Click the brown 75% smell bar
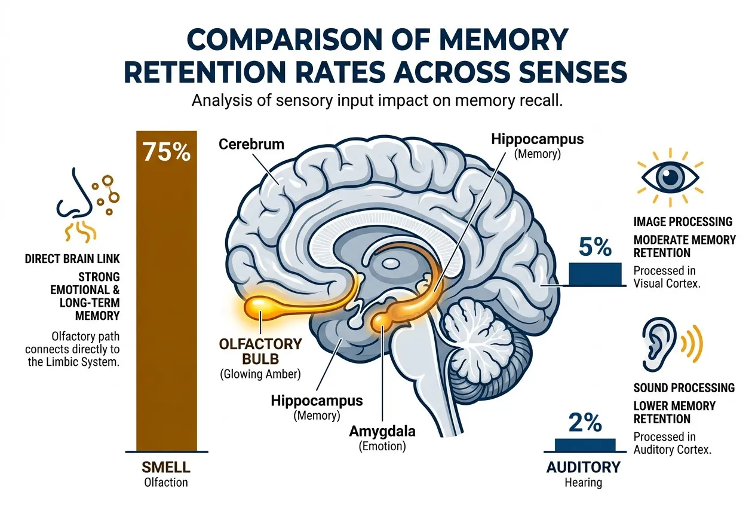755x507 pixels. [x=167, y=291]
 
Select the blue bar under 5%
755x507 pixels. [x=596, y=274]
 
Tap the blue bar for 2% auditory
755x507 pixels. [x=585, y=445]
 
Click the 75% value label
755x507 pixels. [x=167, y=152]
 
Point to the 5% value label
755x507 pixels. [x=596, y=246]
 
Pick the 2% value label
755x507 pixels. [x=585, y=422]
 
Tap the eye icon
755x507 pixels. [x=670, y=178]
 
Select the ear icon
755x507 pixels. [x=673, y=344]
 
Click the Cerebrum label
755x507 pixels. [x=251, y=144]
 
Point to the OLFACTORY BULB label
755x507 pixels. [x=260, y=351]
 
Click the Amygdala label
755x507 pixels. [x=382, y=432]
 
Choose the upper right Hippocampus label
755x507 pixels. [x=537, y=139]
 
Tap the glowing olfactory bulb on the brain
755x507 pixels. [x=259, y=307]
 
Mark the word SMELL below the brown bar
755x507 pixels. [x=166, y=468]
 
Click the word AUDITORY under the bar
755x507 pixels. [x=584, y=468]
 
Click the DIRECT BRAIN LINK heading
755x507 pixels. [x=72, y=259]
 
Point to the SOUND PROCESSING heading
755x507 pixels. [x=684, y=388]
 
